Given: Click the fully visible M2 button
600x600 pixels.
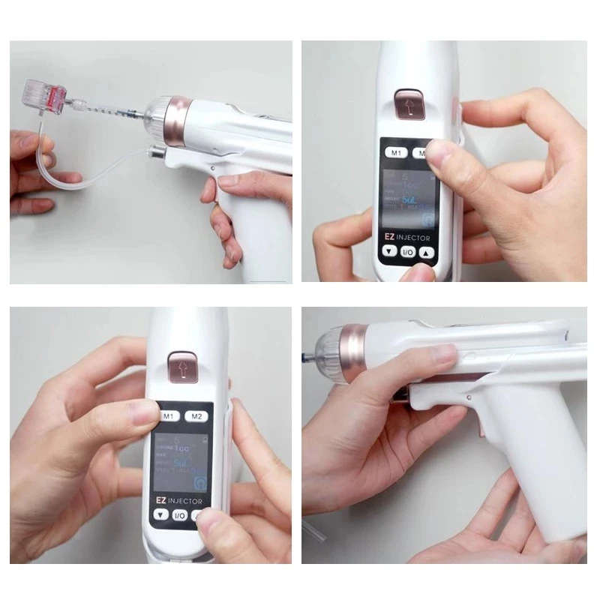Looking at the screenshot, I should pyautogui.click(x=197, y=415).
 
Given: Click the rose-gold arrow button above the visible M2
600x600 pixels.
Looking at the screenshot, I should pyautogui.click(x=181, y=365).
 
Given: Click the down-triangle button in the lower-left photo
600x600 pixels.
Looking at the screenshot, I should pyautogui.click(x=162, y=515).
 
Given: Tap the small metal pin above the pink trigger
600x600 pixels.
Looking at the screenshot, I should pyautogui.click(x=468, y=388).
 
